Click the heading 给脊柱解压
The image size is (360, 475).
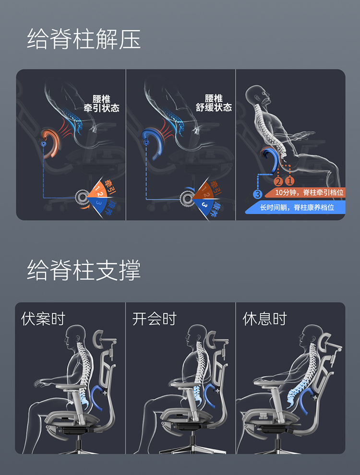[x=84, y=39]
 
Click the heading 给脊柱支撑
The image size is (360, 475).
[x=84, y=270]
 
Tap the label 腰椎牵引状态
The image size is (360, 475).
[x=101, y=103]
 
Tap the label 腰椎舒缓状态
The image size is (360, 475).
[x=214, y=103]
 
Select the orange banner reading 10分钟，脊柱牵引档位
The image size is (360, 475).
[x=310, y=192]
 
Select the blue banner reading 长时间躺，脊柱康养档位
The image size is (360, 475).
[x=296, y=207]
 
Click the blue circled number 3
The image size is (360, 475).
[x=258, y=195]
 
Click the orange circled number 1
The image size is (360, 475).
[x=289, y=181]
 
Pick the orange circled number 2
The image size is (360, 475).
[x=278, y=181]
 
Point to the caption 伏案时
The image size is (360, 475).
[x=43, y=319]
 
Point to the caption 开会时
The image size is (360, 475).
[x=155, y=319]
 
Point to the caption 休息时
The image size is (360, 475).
[x=265, y=319]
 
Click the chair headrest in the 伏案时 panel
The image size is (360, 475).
[x=102, y=338]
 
